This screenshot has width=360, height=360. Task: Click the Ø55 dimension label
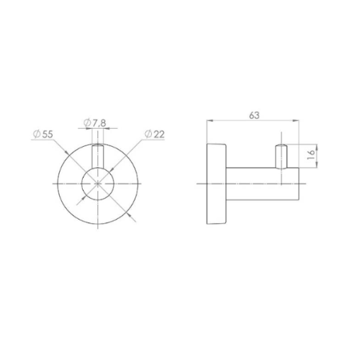43,134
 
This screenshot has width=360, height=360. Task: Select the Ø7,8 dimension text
95,123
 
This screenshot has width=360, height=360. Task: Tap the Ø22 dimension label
155,135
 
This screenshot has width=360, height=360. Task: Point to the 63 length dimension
254,115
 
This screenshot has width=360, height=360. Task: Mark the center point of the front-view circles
98,184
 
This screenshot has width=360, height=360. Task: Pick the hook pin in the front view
98,156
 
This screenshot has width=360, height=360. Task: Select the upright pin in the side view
281,156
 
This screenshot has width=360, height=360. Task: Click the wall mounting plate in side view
216,184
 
